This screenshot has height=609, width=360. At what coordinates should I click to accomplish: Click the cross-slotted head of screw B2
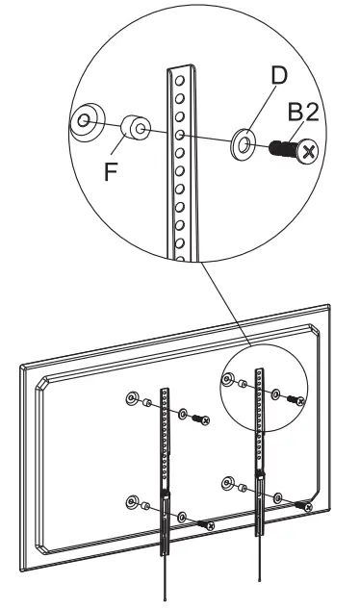[x=307, y=151]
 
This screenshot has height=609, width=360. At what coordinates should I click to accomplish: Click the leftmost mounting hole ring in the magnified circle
[x=86, y=120]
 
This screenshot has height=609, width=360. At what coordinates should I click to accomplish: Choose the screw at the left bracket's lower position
[x=205, y=523]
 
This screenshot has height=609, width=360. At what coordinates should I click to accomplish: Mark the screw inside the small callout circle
[x=298, y=398]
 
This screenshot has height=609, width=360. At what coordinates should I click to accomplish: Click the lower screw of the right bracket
[x=303, y=505]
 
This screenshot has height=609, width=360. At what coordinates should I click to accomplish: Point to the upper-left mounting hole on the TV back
[x=131, y=398]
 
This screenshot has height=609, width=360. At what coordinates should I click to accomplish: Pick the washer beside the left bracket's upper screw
[x=183, y=415]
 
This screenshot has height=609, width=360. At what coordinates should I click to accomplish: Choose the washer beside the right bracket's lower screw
[x=278, y=497]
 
